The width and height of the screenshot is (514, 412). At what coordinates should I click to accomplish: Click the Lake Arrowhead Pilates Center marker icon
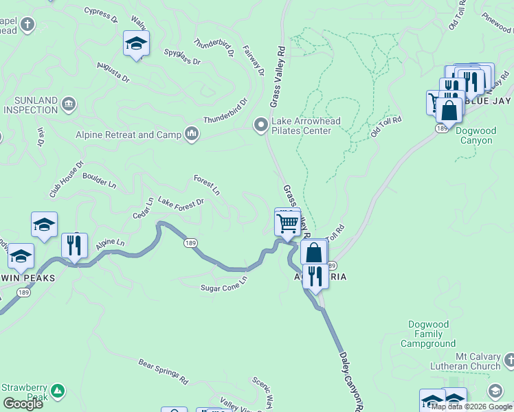(261, 125)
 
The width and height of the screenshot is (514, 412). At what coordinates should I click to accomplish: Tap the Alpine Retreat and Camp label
(136, 135)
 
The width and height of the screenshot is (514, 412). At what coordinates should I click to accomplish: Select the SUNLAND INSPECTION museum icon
(69, 104)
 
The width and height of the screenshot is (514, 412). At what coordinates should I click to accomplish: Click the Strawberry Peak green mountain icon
(58, 391)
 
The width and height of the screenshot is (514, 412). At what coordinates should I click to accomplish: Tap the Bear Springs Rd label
(163, 370)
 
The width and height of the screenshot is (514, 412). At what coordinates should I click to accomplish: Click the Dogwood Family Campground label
(427, 334)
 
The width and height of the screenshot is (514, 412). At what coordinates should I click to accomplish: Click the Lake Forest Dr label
(181, 202)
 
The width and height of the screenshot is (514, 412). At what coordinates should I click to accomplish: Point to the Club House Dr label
(66, 179)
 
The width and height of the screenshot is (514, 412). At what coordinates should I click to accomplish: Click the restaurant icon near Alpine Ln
(74, 245)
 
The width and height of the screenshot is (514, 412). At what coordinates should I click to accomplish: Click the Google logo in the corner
(23, 404)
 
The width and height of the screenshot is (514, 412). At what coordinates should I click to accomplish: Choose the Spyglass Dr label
(182, 56)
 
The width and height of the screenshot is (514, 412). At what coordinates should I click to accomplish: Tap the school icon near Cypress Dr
(136, 43)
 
